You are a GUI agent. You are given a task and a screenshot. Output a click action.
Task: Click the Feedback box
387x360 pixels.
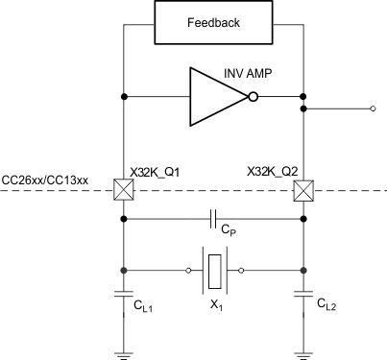pos(214,23)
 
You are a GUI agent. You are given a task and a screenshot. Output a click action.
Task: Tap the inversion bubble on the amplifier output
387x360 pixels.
pos(254,96)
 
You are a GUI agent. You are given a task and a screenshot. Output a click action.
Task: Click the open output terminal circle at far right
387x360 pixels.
pos(373,110)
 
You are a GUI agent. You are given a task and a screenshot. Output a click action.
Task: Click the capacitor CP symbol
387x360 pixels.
pos(214,220)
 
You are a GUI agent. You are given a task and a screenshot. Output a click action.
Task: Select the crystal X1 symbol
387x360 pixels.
pos(213,270)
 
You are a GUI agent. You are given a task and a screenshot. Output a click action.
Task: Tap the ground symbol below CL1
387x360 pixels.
pos(124,352)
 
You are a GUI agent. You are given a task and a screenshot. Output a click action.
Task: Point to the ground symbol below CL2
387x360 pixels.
pos(303,352)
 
